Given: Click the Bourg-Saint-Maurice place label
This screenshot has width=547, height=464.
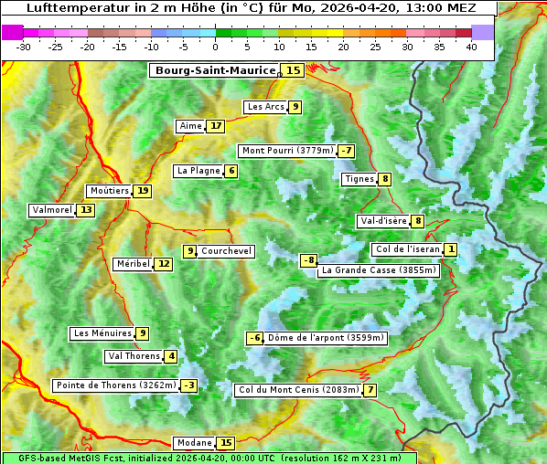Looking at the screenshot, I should tap(215, 70).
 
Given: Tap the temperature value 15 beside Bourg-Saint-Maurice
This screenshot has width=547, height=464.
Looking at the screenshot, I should tap(293, 70).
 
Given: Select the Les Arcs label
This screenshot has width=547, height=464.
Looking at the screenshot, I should tap(266, 107).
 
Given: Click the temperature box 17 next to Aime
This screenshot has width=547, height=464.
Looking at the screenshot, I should tap(215, 126).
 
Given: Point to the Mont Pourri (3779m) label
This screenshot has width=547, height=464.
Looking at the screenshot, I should tap(287, 151).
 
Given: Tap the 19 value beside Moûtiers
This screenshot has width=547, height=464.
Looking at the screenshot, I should tap(143, 191).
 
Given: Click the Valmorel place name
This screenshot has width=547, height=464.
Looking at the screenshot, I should tap(51, 210).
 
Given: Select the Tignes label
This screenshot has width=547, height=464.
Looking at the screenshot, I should tap(359, 179).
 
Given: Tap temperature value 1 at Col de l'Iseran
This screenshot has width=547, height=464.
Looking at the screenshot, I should tap(451, 249).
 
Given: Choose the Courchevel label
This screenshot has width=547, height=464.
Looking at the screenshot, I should tap(226, 251).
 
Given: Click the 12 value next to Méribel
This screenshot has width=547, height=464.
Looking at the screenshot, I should tap(163, 264).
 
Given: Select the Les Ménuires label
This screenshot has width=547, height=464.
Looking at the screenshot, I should tap(102, 333).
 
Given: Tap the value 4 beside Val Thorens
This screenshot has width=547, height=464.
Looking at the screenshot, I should tap(171, 356).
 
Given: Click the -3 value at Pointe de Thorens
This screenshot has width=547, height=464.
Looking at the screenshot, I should tap(188, 385).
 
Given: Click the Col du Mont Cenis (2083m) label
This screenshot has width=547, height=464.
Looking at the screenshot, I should tap(297, 391).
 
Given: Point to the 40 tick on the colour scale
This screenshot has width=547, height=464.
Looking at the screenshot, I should tap(471, 47).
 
